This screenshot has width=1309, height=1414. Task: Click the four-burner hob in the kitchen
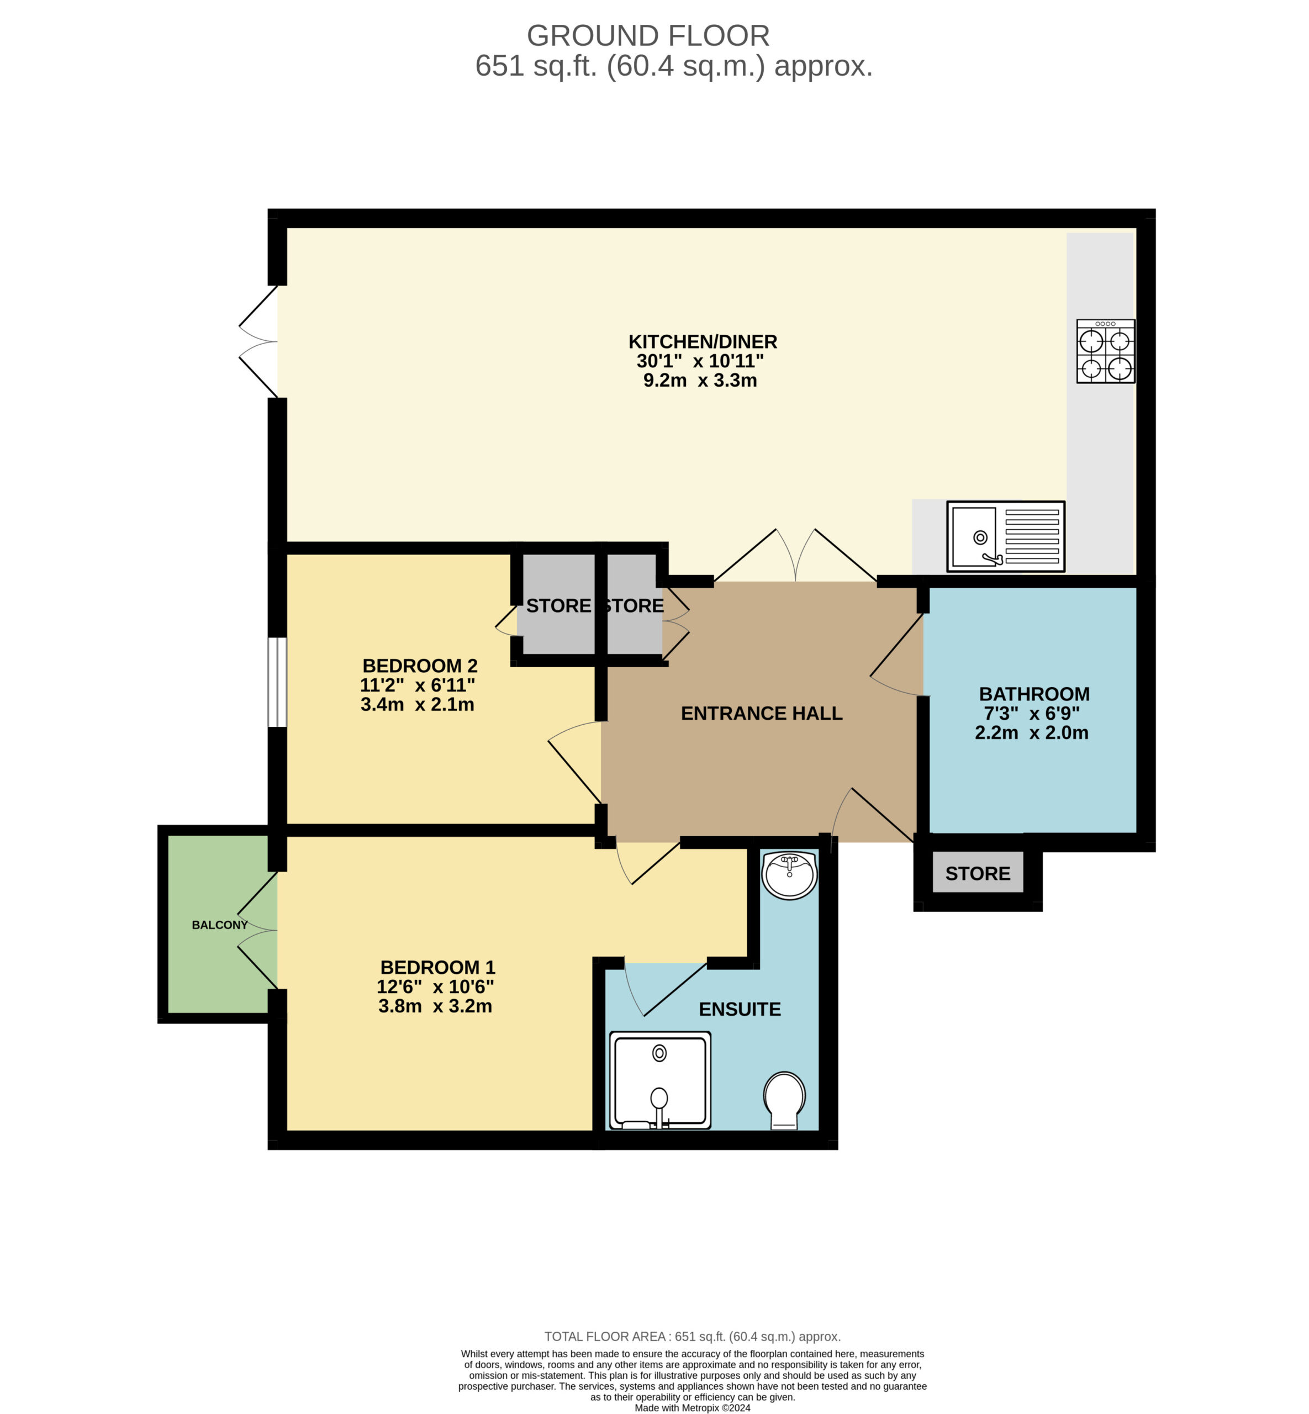click(1106, 351)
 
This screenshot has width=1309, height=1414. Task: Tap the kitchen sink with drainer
click(1006, 536)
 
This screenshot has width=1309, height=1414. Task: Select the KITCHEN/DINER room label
click(703, 341)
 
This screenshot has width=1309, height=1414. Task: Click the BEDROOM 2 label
click(420, 666)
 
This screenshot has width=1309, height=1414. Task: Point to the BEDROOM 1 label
click(438, 967)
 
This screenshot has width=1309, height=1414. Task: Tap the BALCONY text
click(220, 925)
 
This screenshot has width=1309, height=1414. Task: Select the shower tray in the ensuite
click(660, 1080)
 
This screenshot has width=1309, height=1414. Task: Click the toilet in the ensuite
click(784, 1100)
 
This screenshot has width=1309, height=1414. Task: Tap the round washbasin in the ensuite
click(790, 875)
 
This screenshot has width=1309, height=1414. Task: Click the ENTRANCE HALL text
click(762, 714)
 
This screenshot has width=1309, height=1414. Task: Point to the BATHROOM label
click(1034, 694)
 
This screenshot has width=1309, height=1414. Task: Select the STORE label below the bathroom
click(978, 873)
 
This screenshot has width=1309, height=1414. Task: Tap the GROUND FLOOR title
click(648, 35)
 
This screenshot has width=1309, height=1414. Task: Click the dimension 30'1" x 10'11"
click(700, 361)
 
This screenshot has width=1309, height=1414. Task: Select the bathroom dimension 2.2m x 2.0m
click(1031, 732)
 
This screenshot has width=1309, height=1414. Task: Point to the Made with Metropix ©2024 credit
click(693, 1407)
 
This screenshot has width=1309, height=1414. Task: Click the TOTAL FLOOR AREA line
click(693, 1337)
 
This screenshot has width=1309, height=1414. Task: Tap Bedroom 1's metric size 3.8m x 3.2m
click(435, 1006)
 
